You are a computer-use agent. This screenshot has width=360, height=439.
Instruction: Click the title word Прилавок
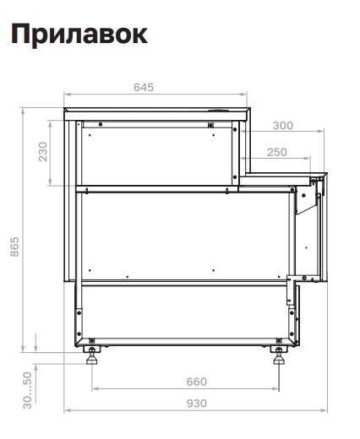click(x=79, y=35)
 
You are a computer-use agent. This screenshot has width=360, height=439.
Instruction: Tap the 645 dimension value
click(x=144, y=88)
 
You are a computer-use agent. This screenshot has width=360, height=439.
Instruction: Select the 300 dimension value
click(x=283, y=126)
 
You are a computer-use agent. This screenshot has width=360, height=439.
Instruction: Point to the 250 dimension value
click(x=277, y=152)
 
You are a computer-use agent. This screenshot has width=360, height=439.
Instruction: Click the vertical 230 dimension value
click(x=43, y=152)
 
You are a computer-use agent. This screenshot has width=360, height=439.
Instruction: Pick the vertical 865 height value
click(x=14, y=247)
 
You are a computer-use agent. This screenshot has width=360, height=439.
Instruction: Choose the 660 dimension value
click(x=197, y=382)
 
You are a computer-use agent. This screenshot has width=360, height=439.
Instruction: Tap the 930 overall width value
click(x=197, y=404)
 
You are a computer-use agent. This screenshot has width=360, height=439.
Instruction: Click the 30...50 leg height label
click(x=27, y=390)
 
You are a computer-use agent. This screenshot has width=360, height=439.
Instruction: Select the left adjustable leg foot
click(x=92, y=358)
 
